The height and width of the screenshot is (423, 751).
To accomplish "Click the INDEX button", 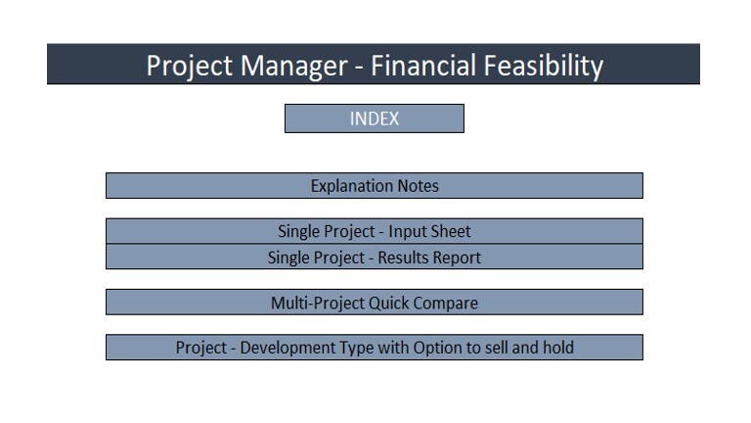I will (374, 118).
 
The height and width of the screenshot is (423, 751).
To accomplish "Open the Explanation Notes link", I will (374, 186).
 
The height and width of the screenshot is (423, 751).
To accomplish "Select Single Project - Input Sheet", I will (374, 232).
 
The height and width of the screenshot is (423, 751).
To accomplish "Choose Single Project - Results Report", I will (374, 258).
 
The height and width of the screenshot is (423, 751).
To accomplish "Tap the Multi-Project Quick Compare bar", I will (374, 303).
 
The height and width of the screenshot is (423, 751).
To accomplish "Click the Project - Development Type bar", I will (374, 348).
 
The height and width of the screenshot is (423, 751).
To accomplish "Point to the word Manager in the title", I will (291, 66).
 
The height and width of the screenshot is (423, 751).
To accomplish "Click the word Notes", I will (419, 186).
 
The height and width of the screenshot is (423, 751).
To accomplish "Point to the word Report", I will (458, 258).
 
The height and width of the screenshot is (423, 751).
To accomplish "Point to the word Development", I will (287, 348).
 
